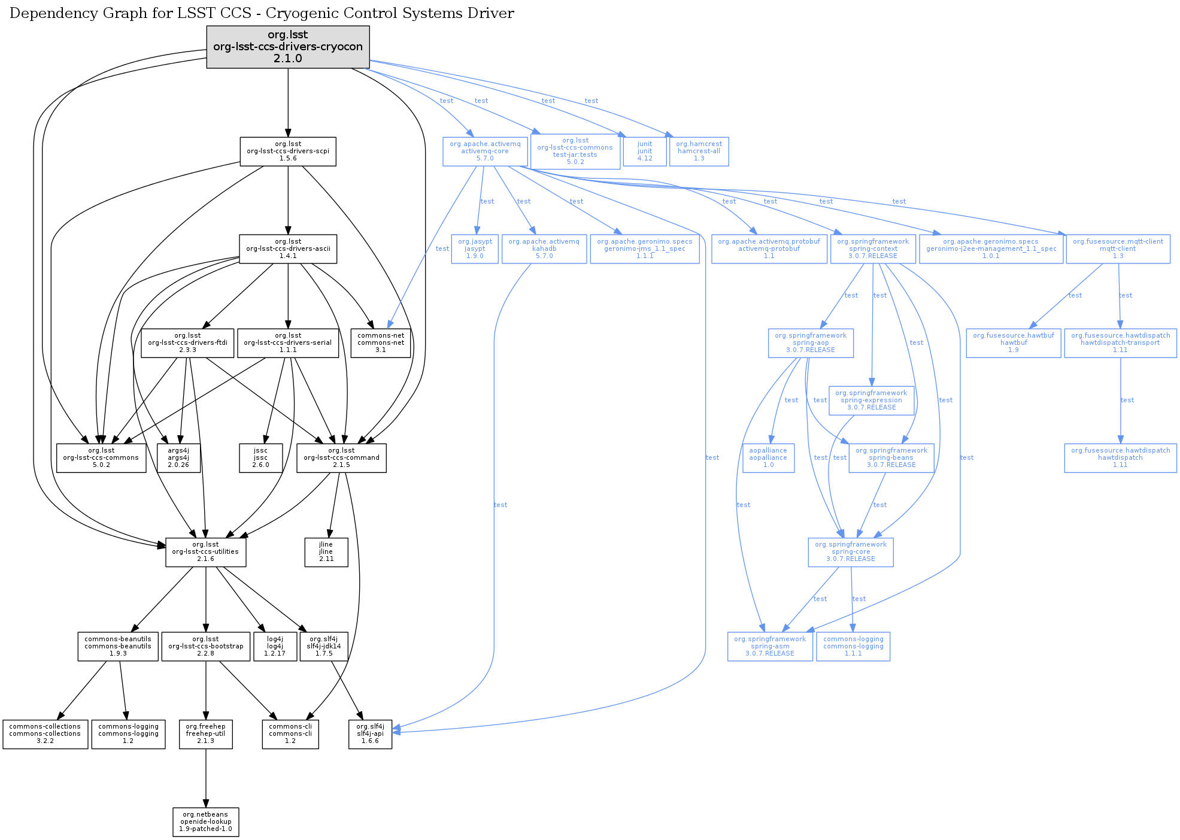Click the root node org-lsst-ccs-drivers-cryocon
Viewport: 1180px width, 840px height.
click(288, 47)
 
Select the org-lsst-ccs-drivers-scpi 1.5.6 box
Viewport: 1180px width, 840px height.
click(288, 151)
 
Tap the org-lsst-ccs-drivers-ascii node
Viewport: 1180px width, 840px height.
click(288, 248)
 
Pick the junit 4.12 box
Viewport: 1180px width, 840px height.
click(645, 151)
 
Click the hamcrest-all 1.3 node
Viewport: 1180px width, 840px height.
click(699, 151)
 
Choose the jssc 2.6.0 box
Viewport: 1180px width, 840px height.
click(260, 458)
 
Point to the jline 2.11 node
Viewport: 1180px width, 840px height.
click(326, 552)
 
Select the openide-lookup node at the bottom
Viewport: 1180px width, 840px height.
click(206, 822)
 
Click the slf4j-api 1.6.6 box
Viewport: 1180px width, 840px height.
click(371, 734)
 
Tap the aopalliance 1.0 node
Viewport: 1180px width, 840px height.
click(768, 458)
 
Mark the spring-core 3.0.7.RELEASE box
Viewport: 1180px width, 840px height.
click(851, 552)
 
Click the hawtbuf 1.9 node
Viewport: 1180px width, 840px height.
click(1013, 343)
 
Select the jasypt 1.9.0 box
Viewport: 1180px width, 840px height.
click(475, 249)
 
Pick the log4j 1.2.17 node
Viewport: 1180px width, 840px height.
click(275, 647)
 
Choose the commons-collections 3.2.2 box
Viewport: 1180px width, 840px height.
click(45, 734)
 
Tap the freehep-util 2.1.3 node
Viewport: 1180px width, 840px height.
click(206, 734)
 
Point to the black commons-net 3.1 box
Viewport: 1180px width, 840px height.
click(381, 343)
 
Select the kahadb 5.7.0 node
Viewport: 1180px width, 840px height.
click(544, 249)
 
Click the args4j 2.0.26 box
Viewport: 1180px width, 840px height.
click(178, 458)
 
